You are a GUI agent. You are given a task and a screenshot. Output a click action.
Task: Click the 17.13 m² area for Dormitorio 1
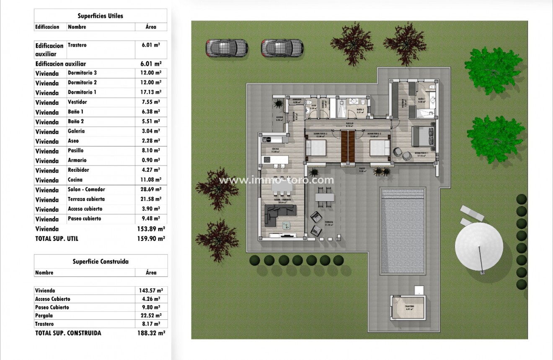coord(151,92)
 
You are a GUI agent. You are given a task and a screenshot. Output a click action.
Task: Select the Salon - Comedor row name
coord(86,189)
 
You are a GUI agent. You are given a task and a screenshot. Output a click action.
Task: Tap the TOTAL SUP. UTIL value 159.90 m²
coord(151,238)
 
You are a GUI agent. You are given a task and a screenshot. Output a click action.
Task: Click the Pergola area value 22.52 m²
coord(151,316)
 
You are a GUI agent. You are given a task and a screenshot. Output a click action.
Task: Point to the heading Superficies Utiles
coord(100,16)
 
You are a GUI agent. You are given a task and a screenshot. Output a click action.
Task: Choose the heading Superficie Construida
coord(101,262)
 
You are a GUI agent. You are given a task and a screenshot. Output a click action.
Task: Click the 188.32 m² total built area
coord(151,333)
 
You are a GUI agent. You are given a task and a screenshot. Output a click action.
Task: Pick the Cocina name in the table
coord(75,180)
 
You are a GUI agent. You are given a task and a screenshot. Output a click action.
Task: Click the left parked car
coord(227,48)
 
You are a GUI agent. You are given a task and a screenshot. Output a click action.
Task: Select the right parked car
coord(282,48)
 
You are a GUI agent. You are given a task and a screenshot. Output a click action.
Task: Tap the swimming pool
coord(402,231)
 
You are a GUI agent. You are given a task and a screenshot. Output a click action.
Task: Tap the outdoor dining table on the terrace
coord(325,197)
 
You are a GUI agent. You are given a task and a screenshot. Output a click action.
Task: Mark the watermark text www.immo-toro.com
coord(276,181)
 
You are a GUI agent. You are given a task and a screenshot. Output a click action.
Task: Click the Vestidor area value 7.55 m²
coord(151,102)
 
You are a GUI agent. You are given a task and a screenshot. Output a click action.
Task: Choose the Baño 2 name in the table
coord(76,122)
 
